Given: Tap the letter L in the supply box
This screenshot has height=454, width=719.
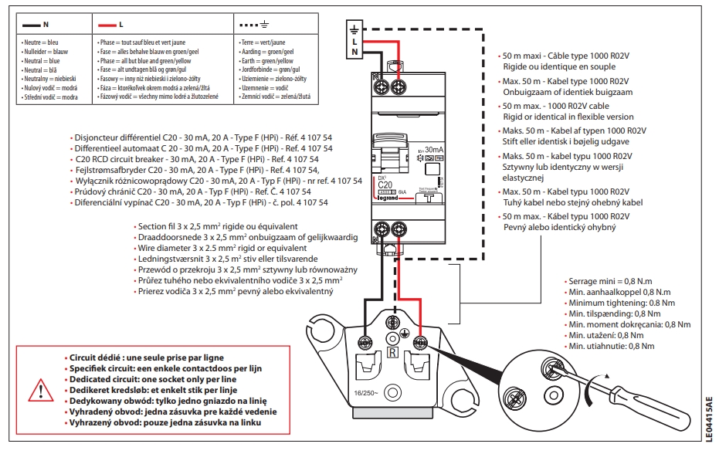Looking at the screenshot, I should [x=354, y=41].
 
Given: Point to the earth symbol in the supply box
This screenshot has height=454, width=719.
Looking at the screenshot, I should [x=354, y=30].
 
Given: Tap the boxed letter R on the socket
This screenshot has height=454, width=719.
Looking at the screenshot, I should [x=393, y=354].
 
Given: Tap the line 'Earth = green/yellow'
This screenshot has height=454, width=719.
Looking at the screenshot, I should [x=267, y=60].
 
